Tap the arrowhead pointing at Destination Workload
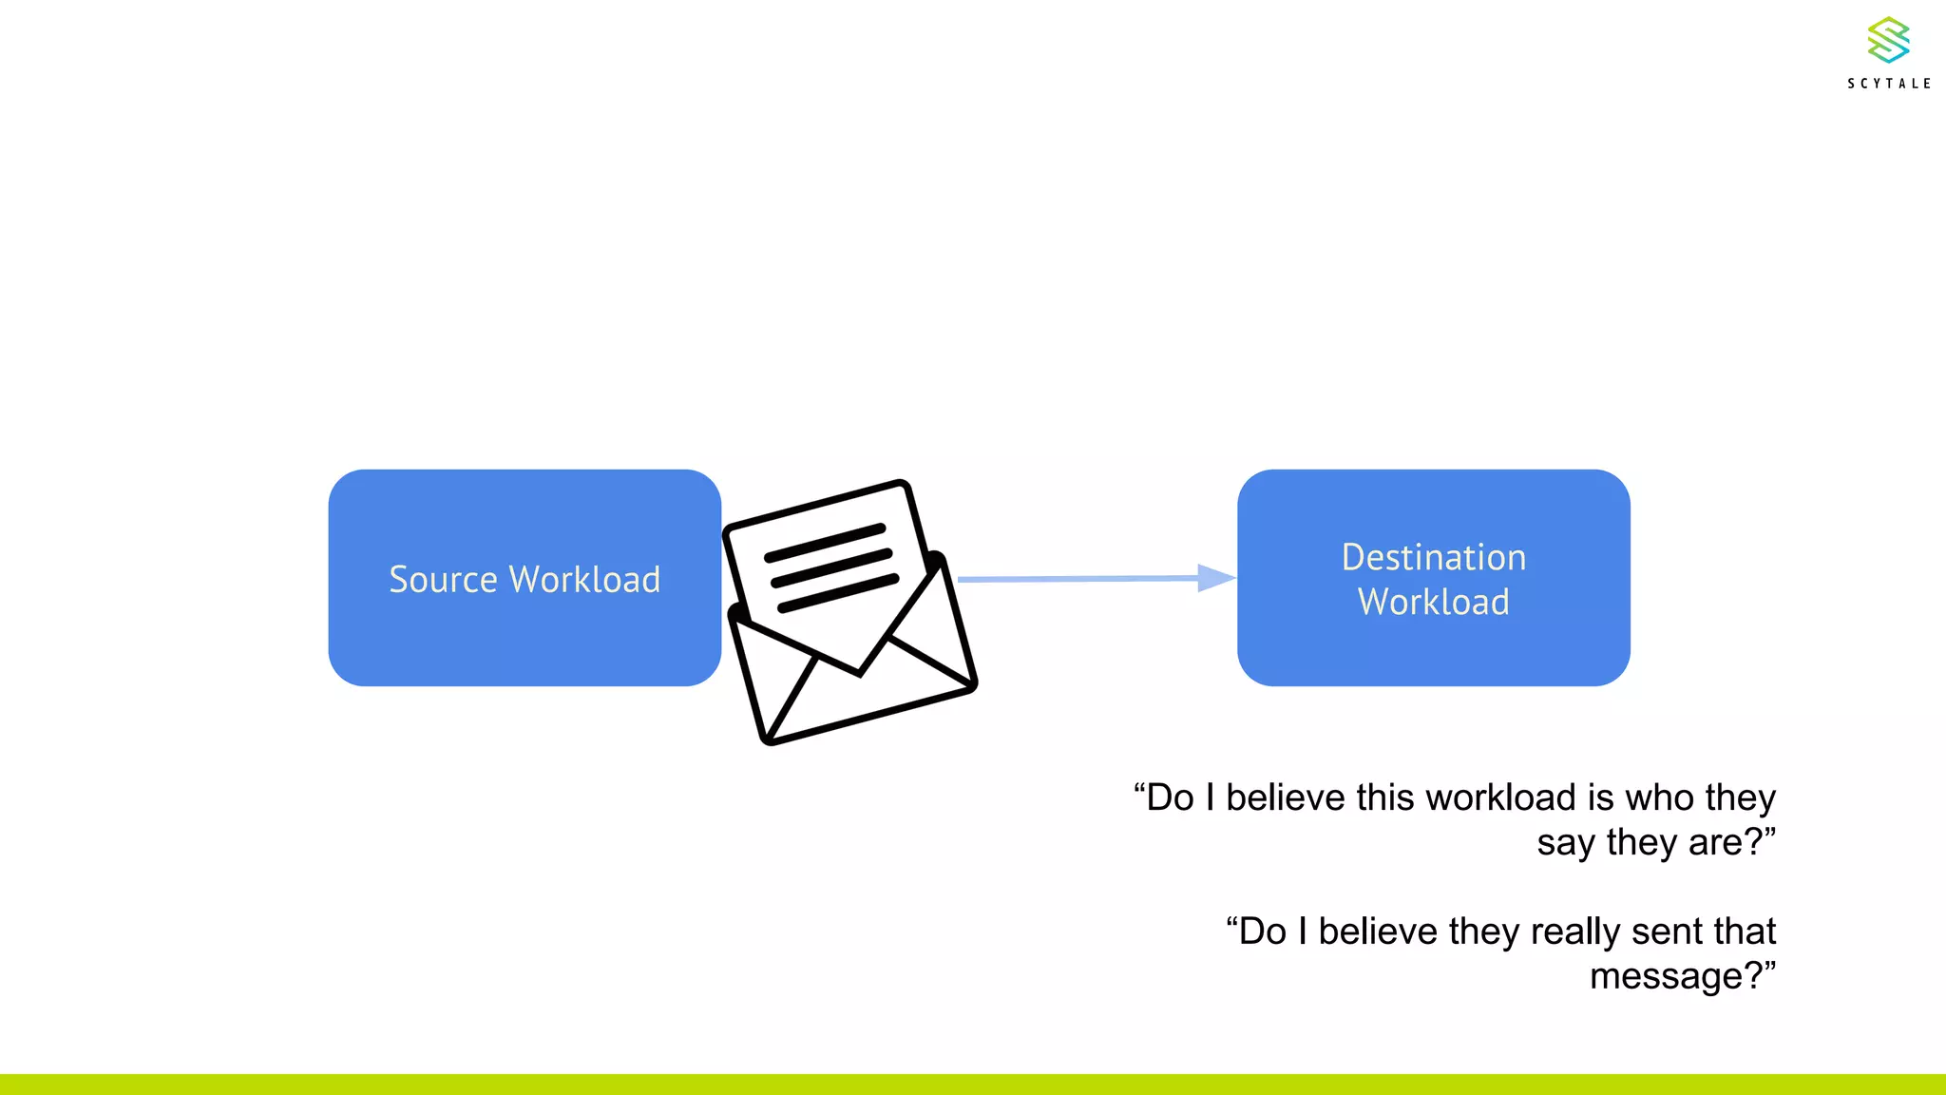[x=1215, y=577]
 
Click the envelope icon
[x=850, y=613]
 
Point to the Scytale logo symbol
[x=1888, y=40]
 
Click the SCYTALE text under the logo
[x=1889, y=84]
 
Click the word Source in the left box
[x=443, y=579]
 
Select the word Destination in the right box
[x=1433, y=557]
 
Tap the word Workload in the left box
[x=584, y=579]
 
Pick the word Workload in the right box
[x=1433, y=602]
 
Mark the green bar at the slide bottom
[x=973, y=1085]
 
